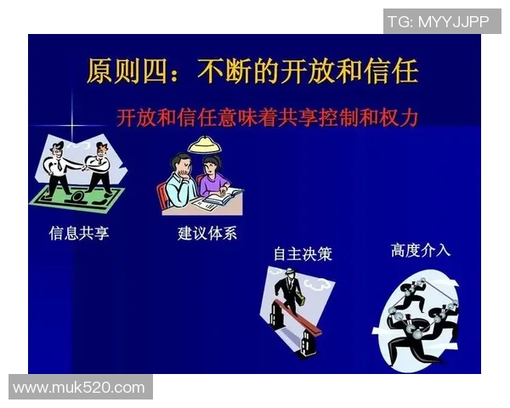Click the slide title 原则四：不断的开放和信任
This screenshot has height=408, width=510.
(252, 71)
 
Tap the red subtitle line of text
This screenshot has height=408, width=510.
(268, 117)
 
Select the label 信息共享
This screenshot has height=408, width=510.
(79, 232)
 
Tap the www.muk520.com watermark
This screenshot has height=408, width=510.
(79, 388)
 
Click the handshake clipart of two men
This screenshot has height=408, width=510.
(79, 170)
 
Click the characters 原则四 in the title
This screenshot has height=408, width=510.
(128, 71)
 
